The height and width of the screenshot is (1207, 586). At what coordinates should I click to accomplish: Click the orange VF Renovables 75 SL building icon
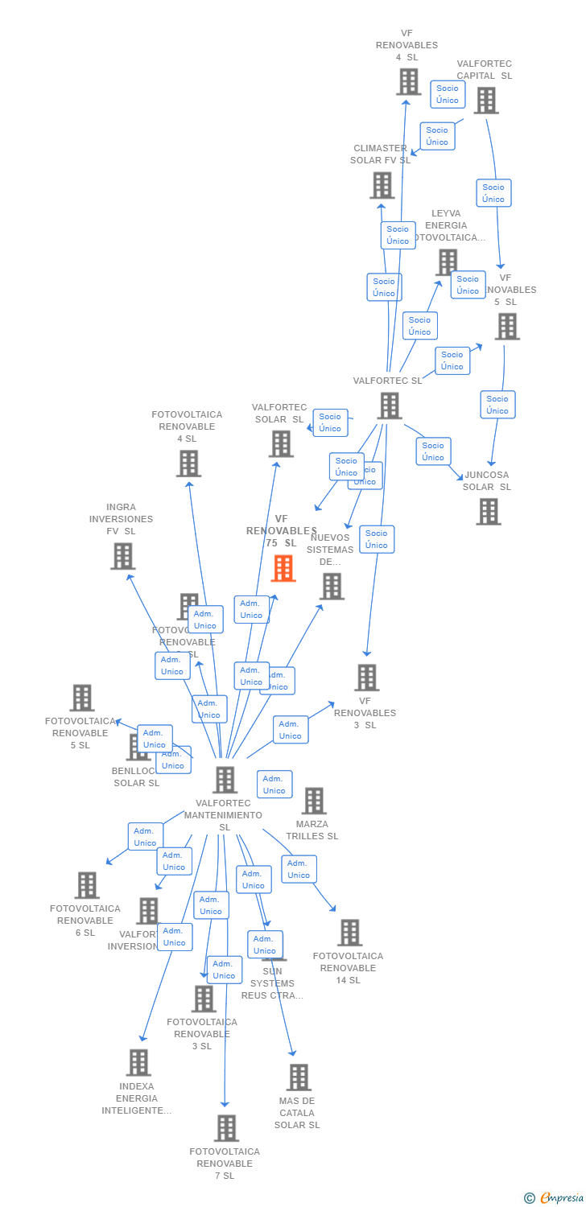(x=283, y=568)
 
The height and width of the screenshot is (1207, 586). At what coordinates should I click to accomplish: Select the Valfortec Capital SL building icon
(x=485, y=101)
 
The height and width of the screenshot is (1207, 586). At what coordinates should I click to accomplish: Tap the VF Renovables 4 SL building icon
(x=409, y=81)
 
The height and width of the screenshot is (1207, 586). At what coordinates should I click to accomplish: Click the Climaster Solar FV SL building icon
(x=382, y=185)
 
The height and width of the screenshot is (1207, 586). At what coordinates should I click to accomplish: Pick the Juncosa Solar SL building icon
(x=488, y=511)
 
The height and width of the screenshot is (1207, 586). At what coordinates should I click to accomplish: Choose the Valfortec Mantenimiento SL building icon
(x=225, y=779)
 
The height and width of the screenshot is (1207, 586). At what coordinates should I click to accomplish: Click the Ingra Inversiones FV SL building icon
(x=122, y=556)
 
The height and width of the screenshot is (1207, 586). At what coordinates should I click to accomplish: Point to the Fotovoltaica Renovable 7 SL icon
(x=226, y=1127)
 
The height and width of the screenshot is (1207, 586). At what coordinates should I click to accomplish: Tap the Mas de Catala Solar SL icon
(x=298, y=1077)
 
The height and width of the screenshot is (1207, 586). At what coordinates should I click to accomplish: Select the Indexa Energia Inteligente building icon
(x=138, y=1062)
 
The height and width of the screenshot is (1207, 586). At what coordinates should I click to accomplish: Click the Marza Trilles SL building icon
(x=313, y=801)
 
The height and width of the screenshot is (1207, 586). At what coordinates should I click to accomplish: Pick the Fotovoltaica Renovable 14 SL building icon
(x=349, y=932)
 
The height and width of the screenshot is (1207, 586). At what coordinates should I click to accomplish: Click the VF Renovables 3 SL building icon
(x=366, y=678)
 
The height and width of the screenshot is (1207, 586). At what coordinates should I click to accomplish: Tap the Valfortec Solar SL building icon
(x=281, y=443)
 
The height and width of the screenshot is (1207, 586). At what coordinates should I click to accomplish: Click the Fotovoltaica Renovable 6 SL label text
(x=85, y=921)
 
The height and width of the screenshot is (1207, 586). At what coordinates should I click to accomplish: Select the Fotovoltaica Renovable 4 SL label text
(x=187, y=426)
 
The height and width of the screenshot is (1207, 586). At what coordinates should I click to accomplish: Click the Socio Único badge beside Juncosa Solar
(x=433, y=451)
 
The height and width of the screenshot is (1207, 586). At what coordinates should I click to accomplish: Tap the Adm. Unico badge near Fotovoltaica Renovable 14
(x=299, y=869)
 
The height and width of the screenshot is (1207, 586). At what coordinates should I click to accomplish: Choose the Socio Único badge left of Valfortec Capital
(x=448, y=94)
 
